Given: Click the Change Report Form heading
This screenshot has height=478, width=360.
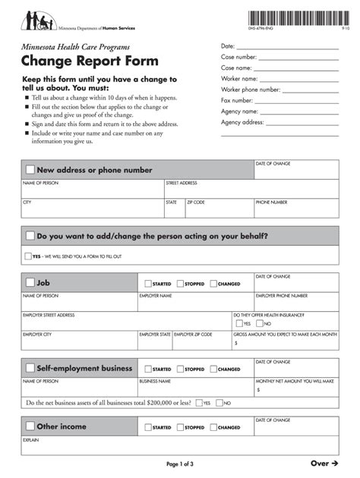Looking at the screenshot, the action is coord(90,61).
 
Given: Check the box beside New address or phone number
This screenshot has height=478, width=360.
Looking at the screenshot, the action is coord(30,170).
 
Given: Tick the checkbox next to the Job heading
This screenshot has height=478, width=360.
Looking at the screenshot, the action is coord(30,283).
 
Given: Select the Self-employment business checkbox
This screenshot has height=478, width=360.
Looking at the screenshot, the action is coord(30,369).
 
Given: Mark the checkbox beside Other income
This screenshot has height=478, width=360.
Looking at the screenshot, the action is coord(30,426).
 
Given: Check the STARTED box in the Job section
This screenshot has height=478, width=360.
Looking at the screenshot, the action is coord(147,284).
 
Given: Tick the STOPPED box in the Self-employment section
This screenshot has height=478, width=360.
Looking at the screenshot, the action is coord(180,370).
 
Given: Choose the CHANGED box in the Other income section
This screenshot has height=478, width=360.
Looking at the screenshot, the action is coord(213,427).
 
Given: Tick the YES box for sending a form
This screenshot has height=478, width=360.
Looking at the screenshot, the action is coord(28,256).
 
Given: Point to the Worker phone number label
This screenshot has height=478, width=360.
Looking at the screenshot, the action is coord(251,90).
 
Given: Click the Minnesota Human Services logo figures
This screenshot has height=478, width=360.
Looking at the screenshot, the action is coord(37,20).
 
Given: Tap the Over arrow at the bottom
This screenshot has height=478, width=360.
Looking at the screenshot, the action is coord(324,463).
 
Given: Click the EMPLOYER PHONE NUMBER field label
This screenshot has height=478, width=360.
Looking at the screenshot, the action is coord(281,295).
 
